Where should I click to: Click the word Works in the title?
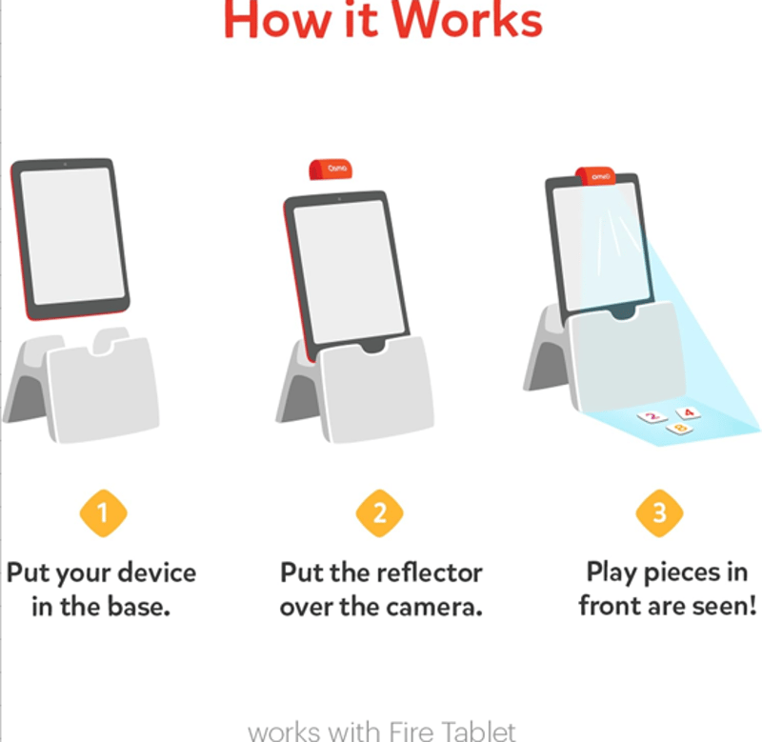pyautogui.click(x=467, y=19)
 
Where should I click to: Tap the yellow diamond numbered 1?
pyautogui.click(x=104, y=513)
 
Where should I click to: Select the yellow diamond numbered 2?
pyautogui.click(x=379, y=513)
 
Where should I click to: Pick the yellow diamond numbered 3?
pyautogui.click(x=659, y=513)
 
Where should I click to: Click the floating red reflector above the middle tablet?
pyautogui.click(x=331, y=170)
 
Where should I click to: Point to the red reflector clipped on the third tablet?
pyautogui.click(x=596, y=175)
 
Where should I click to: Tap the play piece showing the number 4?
pyautogui.click(x=688, y=413)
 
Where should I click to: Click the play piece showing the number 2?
pyautogui.click(x=652, y=416)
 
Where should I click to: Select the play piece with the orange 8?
pyautogui.click(x=680, y=428)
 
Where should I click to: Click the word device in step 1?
pyautogui.click(x=157, y=572)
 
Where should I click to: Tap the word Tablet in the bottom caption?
pyautogui.click(x=480, y=731)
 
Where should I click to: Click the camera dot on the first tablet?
pyautogui.click(x=65, y=165)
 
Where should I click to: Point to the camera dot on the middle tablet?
pyautogui.click(x=339, y=199)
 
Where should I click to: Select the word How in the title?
pyautogui.click(x=276, y=19)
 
